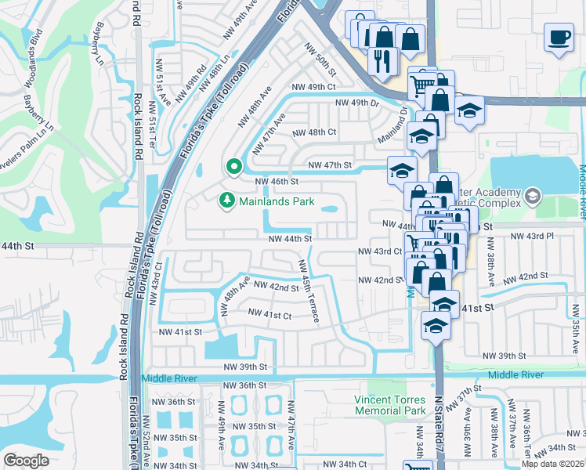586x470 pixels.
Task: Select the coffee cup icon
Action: [x=559, y=38]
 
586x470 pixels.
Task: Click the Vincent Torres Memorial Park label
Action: [x=389, y=404]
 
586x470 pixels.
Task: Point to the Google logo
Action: [x=26, y=460]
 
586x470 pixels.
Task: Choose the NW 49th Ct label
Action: [x=313, y=87]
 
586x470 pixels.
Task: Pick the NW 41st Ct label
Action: [x=269, y=314]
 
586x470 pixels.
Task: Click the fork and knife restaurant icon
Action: [x=382, y=60]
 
